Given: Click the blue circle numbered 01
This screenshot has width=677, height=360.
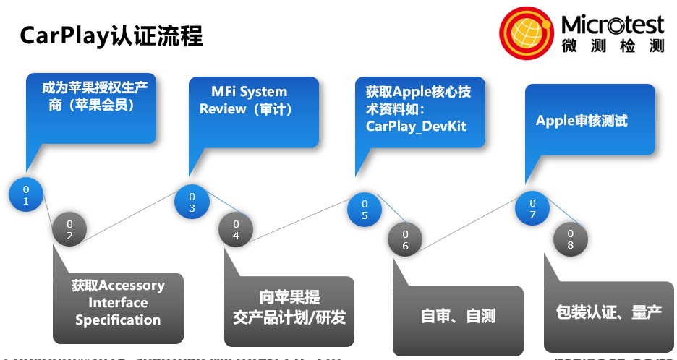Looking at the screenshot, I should click(26, 195).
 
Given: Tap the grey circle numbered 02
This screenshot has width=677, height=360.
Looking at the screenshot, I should click(69, 229).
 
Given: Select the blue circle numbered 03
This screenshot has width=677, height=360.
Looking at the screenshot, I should click(192, 202).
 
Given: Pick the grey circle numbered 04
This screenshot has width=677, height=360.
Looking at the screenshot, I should click(236, 229).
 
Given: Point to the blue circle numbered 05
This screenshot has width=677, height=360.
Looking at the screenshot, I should click(365, 209).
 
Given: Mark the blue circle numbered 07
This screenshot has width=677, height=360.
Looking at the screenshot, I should click(532, 209).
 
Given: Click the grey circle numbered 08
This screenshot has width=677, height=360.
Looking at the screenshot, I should click(570, 239).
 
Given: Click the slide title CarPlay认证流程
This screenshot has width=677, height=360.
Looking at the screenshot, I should click(111, 35).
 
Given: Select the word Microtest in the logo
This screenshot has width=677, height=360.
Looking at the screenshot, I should click(612, 25).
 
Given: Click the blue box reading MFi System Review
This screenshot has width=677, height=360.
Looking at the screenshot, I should click(253, 110).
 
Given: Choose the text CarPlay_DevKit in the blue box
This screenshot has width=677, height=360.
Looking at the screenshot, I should click(416, 127).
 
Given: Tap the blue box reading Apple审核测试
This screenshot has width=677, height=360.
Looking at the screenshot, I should click(589, 121).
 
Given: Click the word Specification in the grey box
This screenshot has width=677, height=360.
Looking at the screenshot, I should click(118, 320).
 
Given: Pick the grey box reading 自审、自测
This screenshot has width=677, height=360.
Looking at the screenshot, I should click(458, 317).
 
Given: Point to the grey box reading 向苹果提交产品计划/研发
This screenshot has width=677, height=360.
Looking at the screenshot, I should click(289, 309).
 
